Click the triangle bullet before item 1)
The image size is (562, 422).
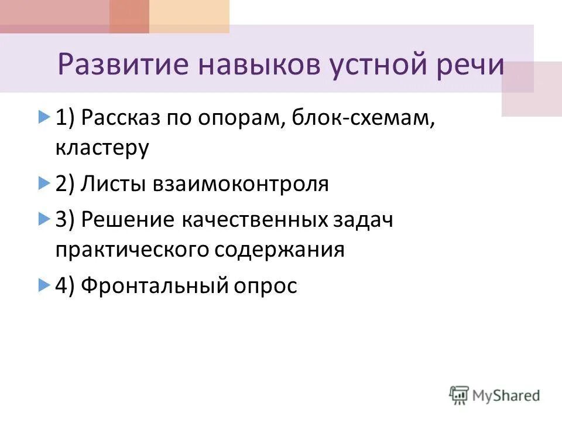pos(43,118)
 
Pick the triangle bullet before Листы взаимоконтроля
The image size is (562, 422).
pos(43,184)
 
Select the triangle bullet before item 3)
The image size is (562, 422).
pos(43,220)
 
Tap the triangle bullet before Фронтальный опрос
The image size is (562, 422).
pos(43,286)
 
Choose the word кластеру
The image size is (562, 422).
pos(103,148)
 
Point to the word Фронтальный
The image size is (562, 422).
pos(150,286)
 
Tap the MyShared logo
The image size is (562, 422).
pos(495,395)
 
